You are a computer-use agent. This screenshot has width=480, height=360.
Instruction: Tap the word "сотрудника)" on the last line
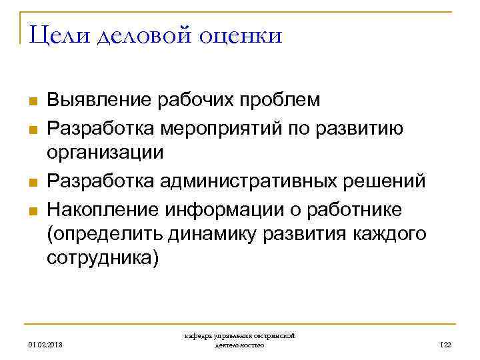click(103, 259)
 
